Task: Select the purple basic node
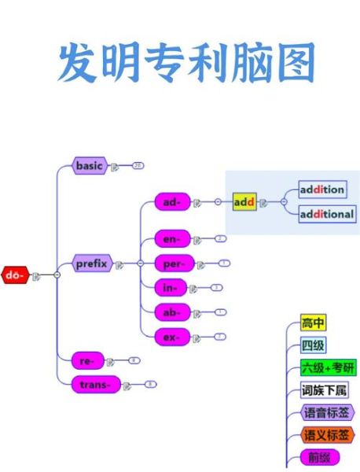[90, 165]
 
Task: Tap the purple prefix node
[91, 264]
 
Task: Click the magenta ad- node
[171, 202]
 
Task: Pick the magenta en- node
[171, 238]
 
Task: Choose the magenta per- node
[173, 263]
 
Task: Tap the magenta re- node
[86, 360]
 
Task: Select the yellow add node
[244, 202]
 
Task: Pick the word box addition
[322, 189]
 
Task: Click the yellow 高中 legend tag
[313, 323]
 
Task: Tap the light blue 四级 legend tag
[313, 345]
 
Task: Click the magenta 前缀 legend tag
[319, 458]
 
